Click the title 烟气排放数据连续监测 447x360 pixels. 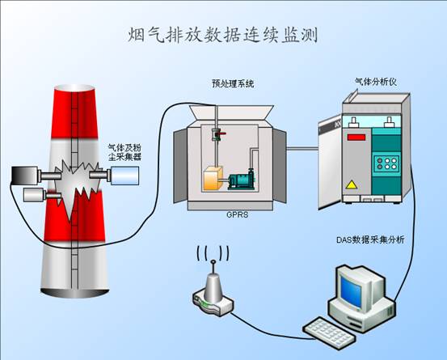point(222,35)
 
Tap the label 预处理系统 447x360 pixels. point(233,83)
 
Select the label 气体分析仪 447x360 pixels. point(375,82)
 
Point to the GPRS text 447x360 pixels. point(238,214)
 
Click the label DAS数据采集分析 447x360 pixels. point(370,239)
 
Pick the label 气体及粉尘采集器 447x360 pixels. point(124,152)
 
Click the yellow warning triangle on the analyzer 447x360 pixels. point(352,184)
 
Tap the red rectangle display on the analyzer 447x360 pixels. point(356,138)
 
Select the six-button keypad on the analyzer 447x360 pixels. point(387,163)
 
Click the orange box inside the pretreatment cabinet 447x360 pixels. point(213,179)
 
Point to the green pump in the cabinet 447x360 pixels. point(241,180)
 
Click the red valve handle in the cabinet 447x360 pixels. point(221,133)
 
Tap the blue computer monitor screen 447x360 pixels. point(351,292)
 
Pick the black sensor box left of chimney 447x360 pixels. point(24,176)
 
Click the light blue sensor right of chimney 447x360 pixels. point(124,176)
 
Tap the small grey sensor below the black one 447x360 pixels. point(34,195)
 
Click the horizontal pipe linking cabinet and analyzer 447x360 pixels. point(302,148)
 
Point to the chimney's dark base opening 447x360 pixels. point(74,293)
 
